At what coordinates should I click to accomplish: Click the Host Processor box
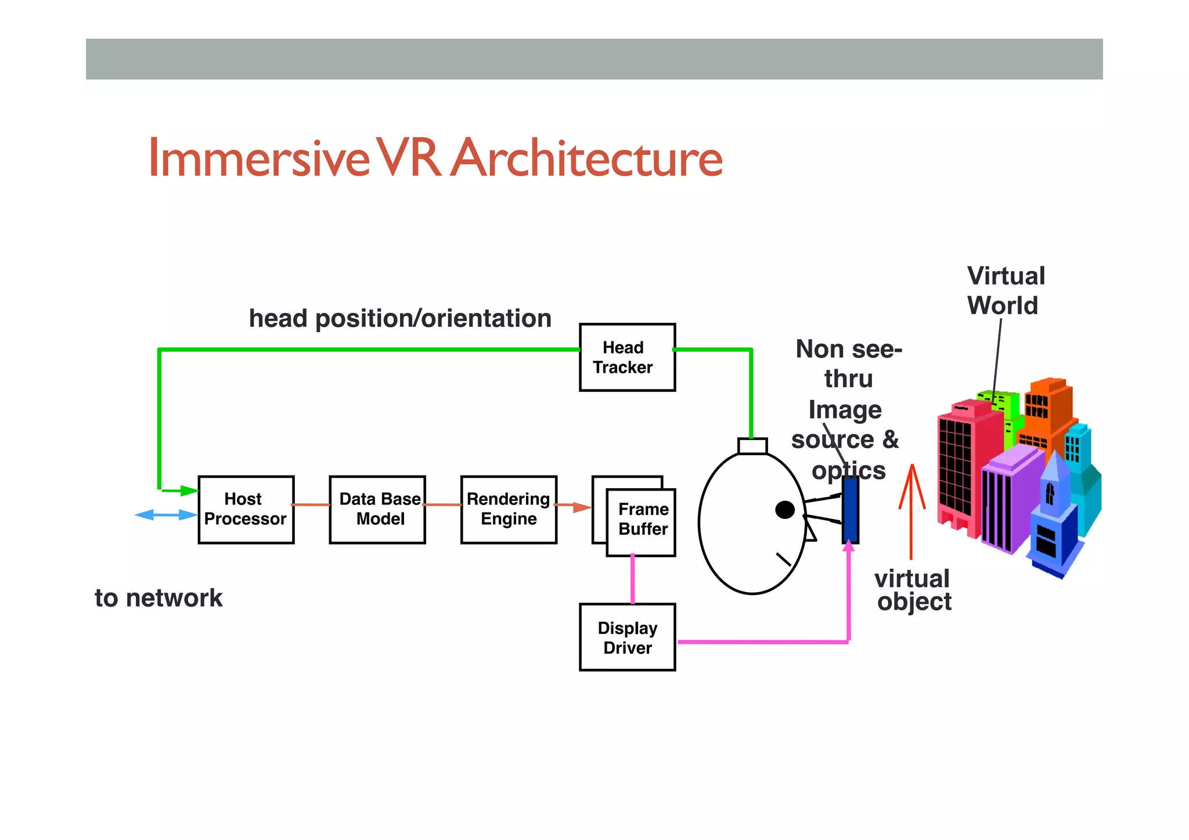tap(246, 510)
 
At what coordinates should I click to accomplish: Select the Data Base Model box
tap(377, 510)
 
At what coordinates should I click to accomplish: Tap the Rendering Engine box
tap(509, 510)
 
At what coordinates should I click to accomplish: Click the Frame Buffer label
tap(643, 519)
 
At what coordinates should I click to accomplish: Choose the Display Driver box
tap(627, 637)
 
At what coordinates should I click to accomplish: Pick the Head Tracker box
tap(627, 358)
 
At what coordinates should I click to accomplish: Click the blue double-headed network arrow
tap(166, 515)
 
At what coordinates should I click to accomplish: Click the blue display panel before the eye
tap(850, 510)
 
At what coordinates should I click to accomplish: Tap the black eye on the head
tap(785, 510)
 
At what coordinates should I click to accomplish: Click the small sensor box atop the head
tap(752, 446)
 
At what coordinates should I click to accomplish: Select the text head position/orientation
tap(400, 319)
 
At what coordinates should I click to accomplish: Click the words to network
tap(158, 598)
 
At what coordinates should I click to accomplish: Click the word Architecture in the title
tap(587, 158)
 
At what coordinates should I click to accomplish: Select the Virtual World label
tap(1005, 290)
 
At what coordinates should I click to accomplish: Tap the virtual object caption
tap(913, 590)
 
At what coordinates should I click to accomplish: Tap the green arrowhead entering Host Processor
tap(189, 491)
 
